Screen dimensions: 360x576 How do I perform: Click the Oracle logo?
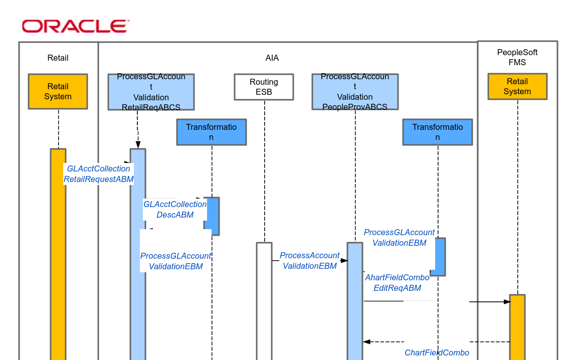point(75,26)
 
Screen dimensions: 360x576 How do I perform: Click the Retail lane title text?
point(58,58)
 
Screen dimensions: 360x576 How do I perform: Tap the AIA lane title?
point(272,58)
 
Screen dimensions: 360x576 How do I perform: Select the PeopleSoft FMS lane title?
point(517,57)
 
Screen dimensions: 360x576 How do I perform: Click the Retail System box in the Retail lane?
point(58,91)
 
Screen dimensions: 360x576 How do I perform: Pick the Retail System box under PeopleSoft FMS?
point(517,86)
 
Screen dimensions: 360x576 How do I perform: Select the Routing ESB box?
point(264,87)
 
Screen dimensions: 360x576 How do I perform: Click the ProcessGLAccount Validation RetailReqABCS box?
point(151,92)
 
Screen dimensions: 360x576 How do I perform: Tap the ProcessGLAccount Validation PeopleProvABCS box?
point(354,92)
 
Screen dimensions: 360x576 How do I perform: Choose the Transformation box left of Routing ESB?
point(211,132)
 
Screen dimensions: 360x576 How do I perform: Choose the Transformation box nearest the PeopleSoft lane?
point(437,132)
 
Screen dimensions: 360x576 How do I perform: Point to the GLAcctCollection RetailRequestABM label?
point(98,174)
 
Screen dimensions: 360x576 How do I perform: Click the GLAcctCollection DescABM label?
point(175,210)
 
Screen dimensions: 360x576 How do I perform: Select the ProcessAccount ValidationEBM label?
point(309,261)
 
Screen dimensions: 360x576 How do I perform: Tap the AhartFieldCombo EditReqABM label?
point(397,283)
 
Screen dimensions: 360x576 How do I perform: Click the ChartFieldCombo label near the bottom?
point(437,352)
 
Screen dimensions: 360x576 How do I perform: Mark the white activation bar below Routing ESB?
point(264,301)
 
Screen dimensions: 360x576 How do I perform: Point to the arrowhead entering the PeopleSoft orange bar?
point(507,302)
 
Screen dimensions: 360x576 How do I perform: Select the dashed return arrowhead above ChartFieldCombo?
point(366,342)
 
